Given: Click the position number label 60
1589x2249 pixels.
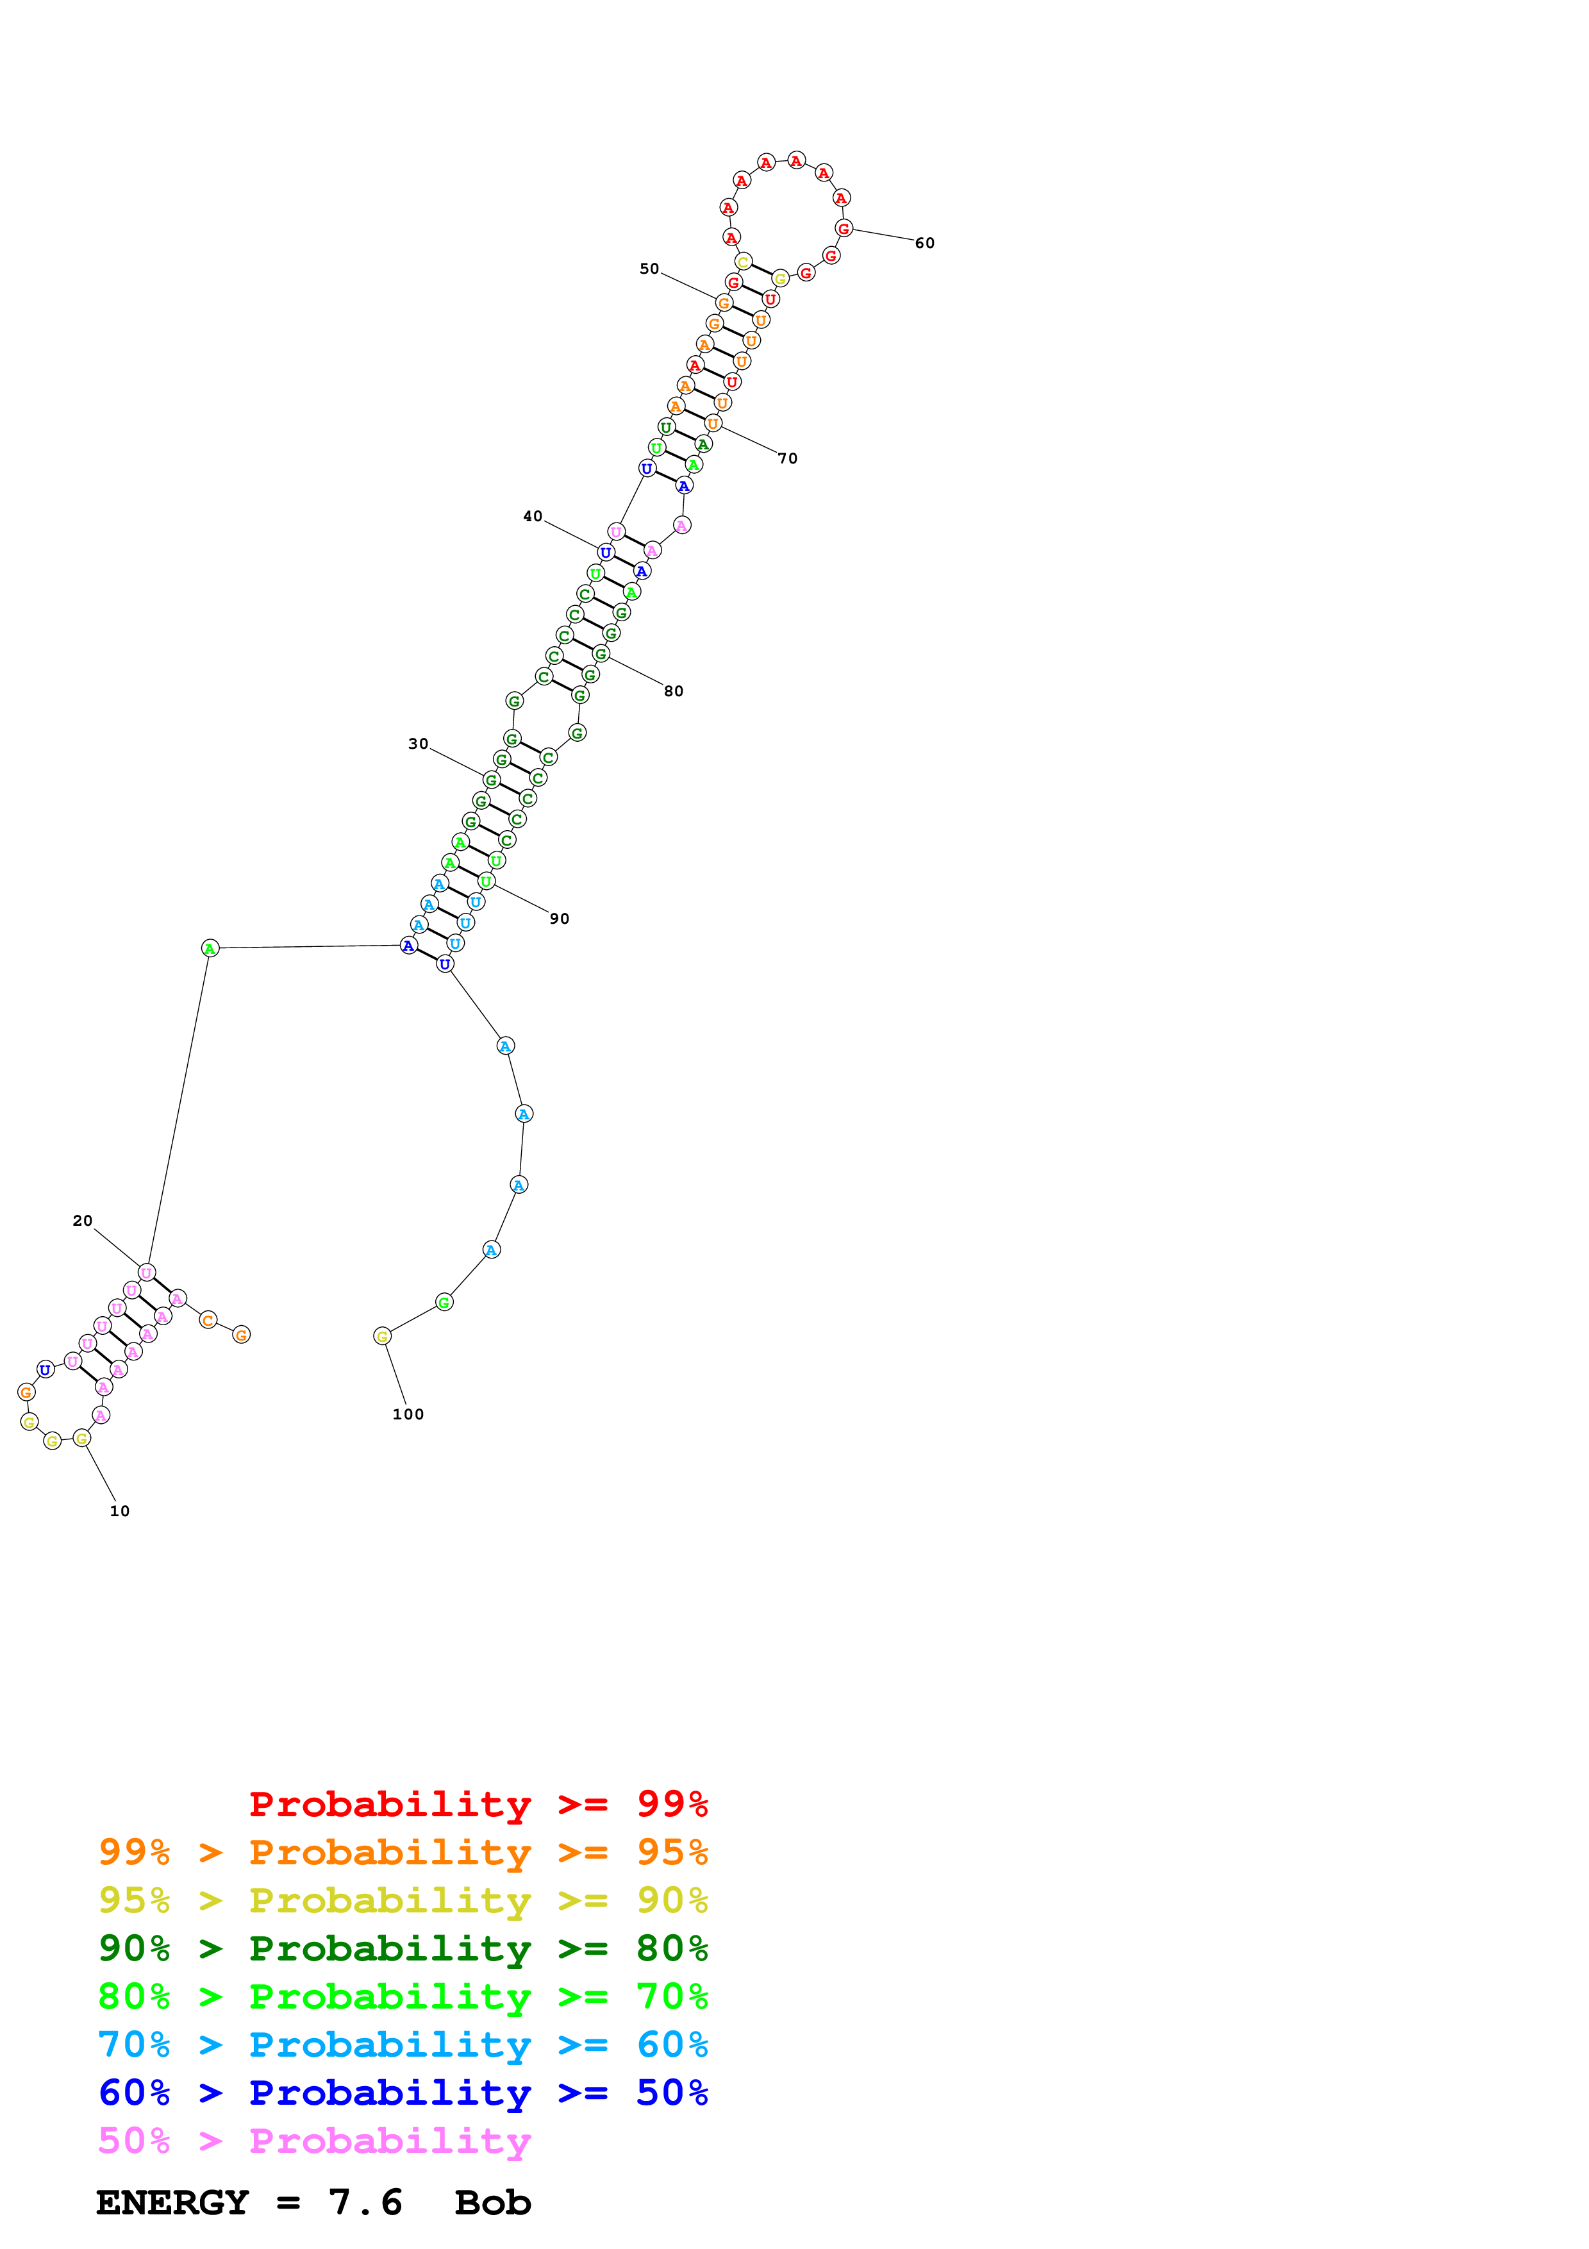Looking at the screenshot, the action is pyautogui.click(x=924, y=243).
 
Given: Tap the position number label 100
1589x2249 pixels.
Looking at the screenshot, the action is pyautogui.click(x=408, y=1414).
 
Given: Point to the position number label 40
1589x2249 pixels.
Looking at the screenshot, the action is pyautogui.click(x=533, y=516).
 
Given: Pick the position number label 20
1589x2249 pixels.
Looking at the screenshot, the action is pyautogui.click(x=82, y=1221).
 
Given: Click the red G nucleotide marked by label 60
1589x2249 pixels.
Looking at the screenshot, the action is pyautogui.click(x=843, y=228).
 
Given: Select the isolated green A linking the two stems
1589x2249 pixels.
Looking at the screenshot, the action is pyautogui.click(x=210, y=948).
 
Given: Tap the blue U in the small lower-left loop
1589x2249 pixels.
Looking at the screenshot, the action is pyautogui.click(x=45, y=1369).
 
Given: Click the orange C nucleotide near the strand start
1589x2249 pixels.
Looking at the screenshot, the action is pyautogui.click(x=208, y=1321).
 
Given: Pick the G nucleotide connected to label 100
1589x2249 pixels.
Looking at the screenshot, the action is pyautogui.click(x=382, y=1336).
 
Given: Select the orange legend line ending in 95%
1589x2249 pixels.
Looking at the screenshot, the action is pyautogui.click(x=403, y=1852).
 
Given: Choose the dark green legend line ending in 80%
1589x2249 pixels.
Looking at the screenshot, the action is pyautogui.click(x=403, y=1948).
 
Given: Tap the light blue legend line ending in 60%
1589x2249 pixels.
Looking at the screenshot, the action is pyautogui.click(x=403, y=2044).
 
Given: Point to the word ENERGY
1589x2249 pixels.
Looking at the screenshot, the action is pyautogui.click(x=172, y=2203).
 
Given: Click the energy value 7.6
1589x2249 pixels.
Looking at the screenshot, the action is pyautogui.click(x=365, y=2203).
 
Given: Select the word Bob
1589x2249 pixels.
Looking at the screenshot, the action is pyautogui.click(x=492, y=2203).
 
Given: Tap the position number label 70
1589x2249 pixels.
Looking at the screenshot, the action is pyautogui.click(x=787, y=458).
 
